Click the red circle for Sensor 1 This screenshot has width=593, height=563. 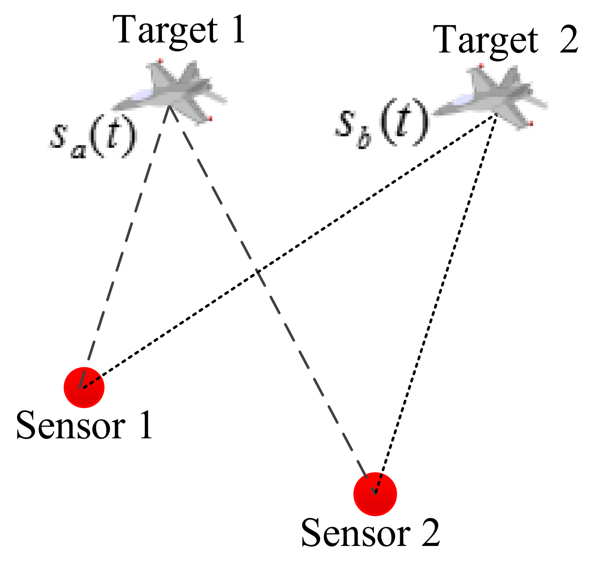[84, 388]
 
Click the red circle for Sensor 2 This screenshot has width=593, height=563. [375, 494]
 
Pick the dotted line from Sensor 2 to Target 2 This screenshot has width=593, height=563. [437, 302]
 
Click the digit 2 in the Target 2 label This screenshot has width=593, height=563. [568, 39]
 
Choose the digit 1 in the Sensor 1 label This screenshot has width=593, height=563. [145, 425]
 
